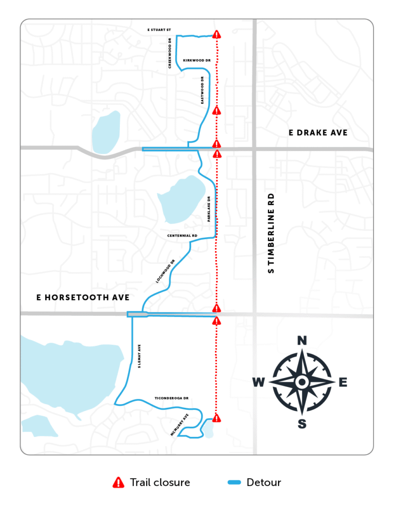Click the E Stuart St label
click(159, 29)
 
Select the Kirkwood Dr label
click(197, 60)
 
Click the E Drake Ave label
click(318, 132)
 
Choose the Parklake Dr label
click(209, 209)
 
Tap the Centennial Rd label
click(183, 235)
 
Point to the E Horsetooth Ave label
click(83, 297)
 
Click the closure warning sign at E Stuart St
click(216, 34)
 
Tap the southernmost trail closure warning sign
click(216, 417)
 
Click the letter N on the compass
click(301, 341)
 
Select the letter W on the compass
click(259, 382)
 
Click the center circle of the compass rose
click(301, 382)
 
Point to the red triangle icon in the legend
click(118, 482)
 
